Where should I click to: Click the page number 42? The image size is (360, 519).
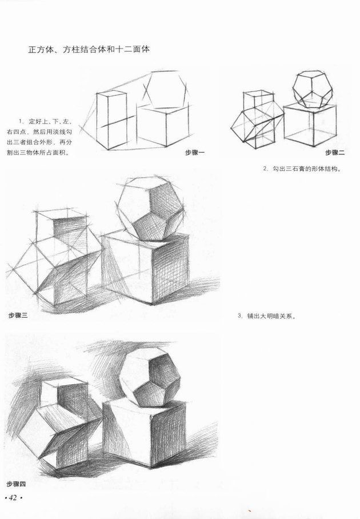tap(13, 498)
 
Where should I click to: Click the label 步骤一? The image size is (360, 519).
tap(194, 153)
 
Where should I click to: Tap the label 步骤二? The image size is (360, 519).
tap(335, 153)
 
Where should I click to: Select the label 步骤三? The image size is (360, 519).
tap(18, 316)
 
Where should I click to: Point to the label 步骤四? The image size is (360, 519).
tap(16, 484)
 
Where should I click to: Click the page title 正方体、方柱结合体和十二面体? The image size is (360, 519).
tap(89, 50)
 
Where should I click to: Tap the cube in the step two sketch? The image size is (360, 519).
tap(310, 125)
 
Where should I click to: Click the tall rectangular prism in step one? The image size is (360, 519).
tap(111, 120)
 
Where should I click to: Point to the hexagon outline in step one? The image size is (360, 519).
tap(165, 89)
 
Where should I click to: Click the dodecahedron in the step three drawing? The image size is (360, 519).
tap(150, 209)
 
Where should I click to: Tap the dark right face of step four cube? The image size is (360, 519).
tap(168, 434)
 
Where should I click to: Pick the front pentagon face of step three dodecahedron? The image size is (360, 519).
tap(150, 227)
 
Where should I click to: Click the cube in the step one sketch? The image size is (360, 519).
tap(164, 125)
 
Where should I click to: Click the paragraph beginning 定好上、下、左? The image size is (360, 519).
tap(39, 137)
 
